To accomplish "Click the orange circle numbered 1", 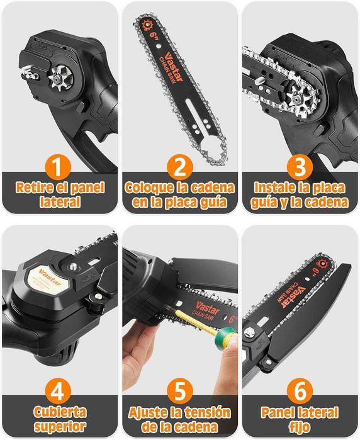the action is click(58, 167).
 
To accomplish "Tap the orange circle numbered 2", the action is click(180, 167).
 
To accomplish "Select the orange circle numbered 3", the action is click(300, 167).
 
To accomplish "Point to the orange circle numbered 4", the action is click(58, 391).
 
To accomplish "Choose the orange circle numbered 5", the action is click(180, 391).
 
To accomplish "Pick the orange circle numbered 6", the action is click(300, 391).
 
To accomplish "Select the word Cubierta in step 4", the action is click(60, 412).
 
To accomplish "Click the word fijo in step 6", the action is click(300, 427).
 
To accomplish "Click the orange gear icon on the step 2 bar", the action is click(147, 25).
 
